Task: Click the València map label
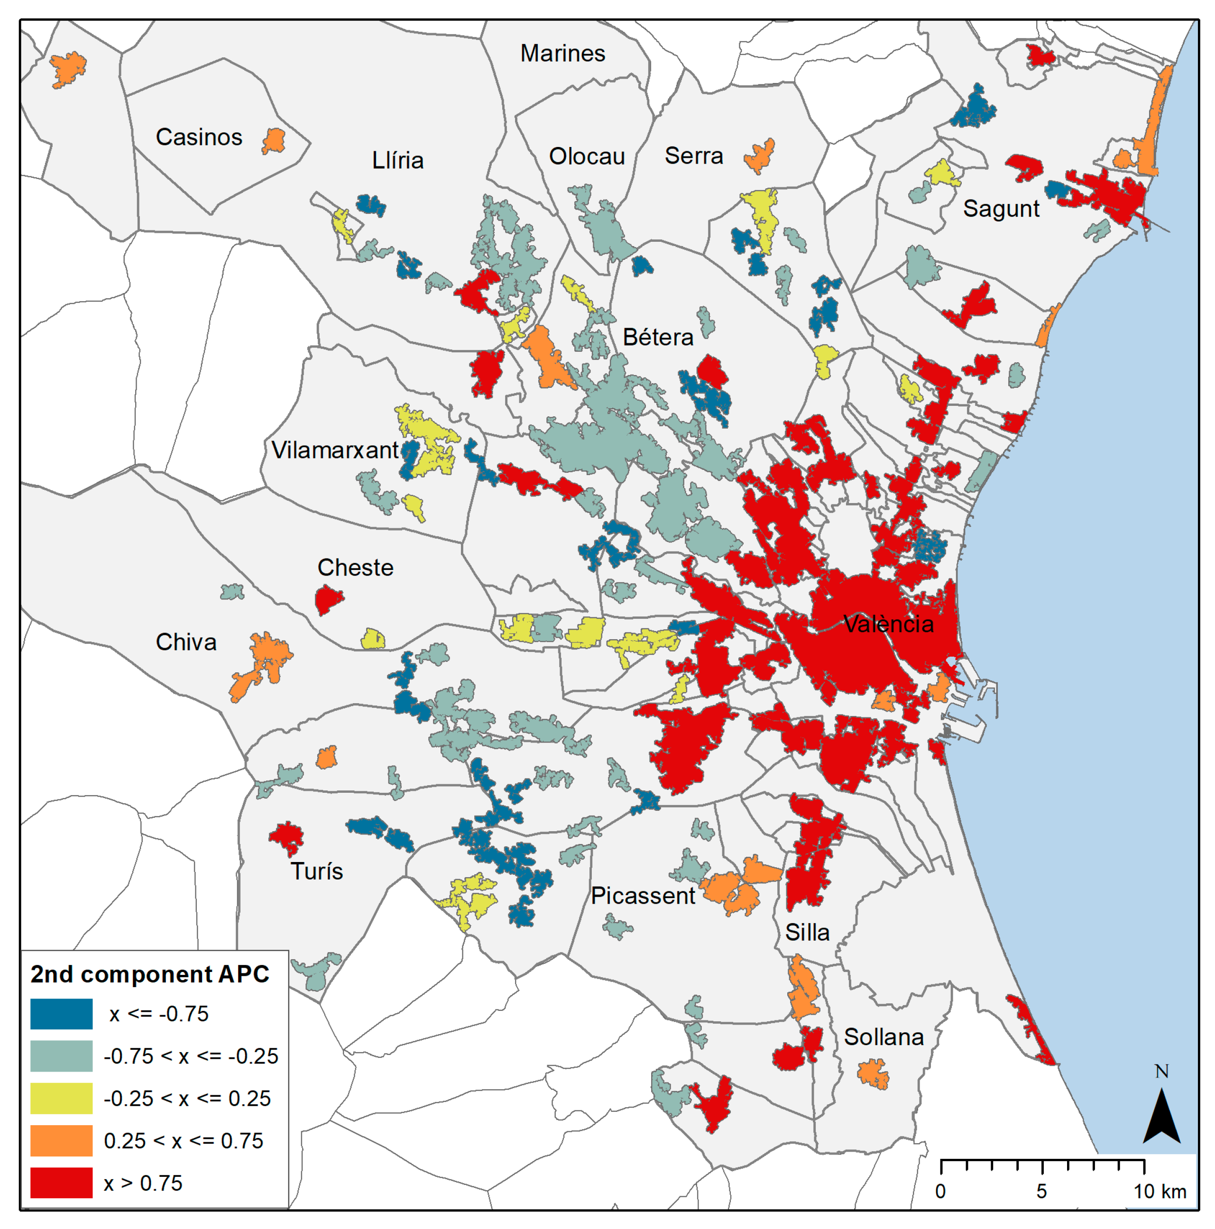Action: click(x=888, y=624)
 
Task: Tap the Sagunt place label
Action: click(x=1001, y=209)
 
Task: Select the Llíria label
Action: click(x=397, y=160)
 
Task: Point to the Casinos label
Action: click(x=199, y=137)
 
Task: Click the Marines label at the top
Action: click(x=562, y=54)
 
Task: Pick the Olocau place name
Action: click(x=587, y=156)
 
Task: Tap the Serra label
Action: click(x=693, y=156)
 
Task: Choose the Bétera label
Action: click(x=658, y=337)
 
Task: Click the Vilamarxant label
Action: click(x=335, y=450)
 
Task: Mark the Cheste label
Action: click(x=355, y=568)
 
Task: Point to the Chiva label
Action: click(x=186, y=642)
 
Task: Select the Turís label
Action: click(x=316, y=871)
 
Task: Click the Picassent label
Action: click(x=643, y=896)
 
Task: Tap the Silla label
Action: click(x=807, y=933)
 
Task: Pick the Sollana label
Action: click(x=883, y=1037)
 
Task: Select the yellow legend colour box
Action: click(x=61, y=1099)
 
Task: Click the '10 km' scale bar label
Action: click(x=1160, y=1192)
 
